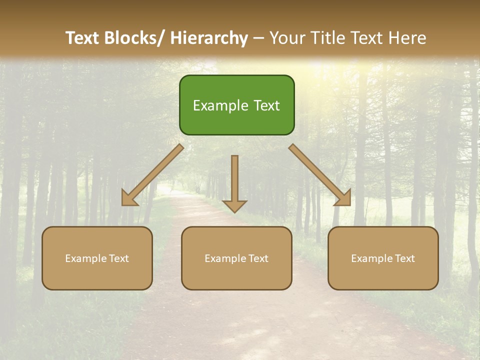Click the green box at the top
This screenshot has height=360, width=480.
(236, 105)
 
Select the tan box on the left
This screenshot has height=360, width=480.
(97, 258)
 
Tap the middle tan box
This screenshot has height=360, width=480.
(236, 258)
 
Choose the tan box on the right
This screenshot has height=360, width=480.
(383, 258)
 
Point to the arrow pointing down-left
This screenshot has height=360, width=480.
(152, 175)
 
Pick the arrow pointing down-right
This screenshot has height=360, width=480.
(320, 175)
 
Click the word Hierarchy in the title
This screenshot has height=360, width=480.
(209, 38)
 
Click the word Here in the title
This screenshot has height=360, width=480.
(407, 38)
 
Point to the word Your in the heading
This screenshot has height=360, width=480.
(287, 38)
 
